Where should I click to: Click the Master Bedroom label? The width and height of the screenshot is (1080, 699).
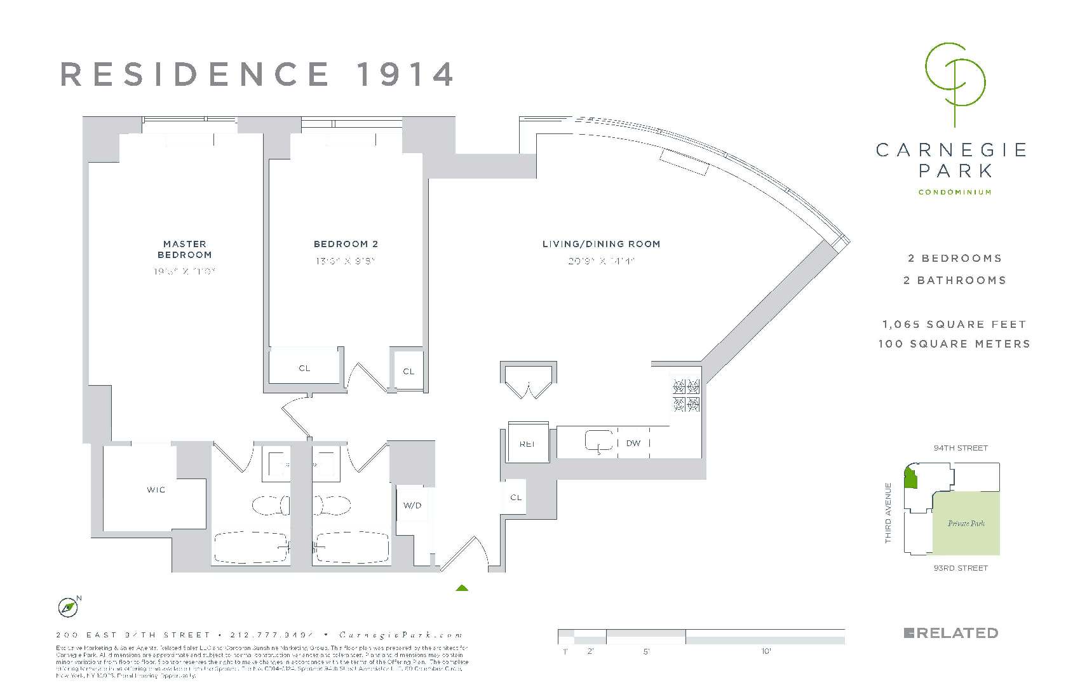click(184, 249)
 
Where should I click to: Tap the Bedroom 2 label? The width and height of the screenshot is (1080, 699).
click(346, 244)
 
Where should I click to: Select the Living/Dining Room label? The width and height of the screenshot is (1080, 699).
click(601, 244)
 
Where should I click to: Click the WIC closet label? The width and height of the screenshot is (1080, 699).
click(156, 490)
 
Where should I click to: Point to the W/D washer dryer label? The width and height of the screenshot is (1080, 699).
click(412, 506)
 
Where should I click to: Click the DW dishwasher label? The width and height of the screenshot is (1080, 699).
click(633, 443)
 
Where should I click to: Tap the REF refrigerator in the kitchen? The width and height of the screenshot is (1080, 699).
click(527, 444)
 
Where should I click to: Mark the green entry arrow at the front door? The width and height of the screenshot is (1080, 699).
click(462, 588)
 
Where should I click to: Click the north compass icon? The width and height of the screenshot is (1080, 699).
click(67, 608)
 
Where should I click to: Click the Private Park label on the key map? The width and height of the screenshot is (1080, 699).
click(966, 524)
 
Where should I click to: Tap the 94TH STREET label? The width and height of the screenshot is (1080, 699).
click(961, 448)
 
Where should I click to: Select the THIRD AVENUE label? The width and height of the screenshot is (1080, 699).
click(888, 513)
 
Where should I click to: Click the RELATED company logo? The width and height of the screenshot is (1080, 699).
click(950, 633)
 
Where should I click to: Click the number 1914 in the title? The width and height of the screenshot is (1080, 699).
click(405, 74)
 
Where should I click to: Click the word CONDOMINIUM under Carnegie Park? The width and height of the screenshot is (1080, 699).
click(954, 193)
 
